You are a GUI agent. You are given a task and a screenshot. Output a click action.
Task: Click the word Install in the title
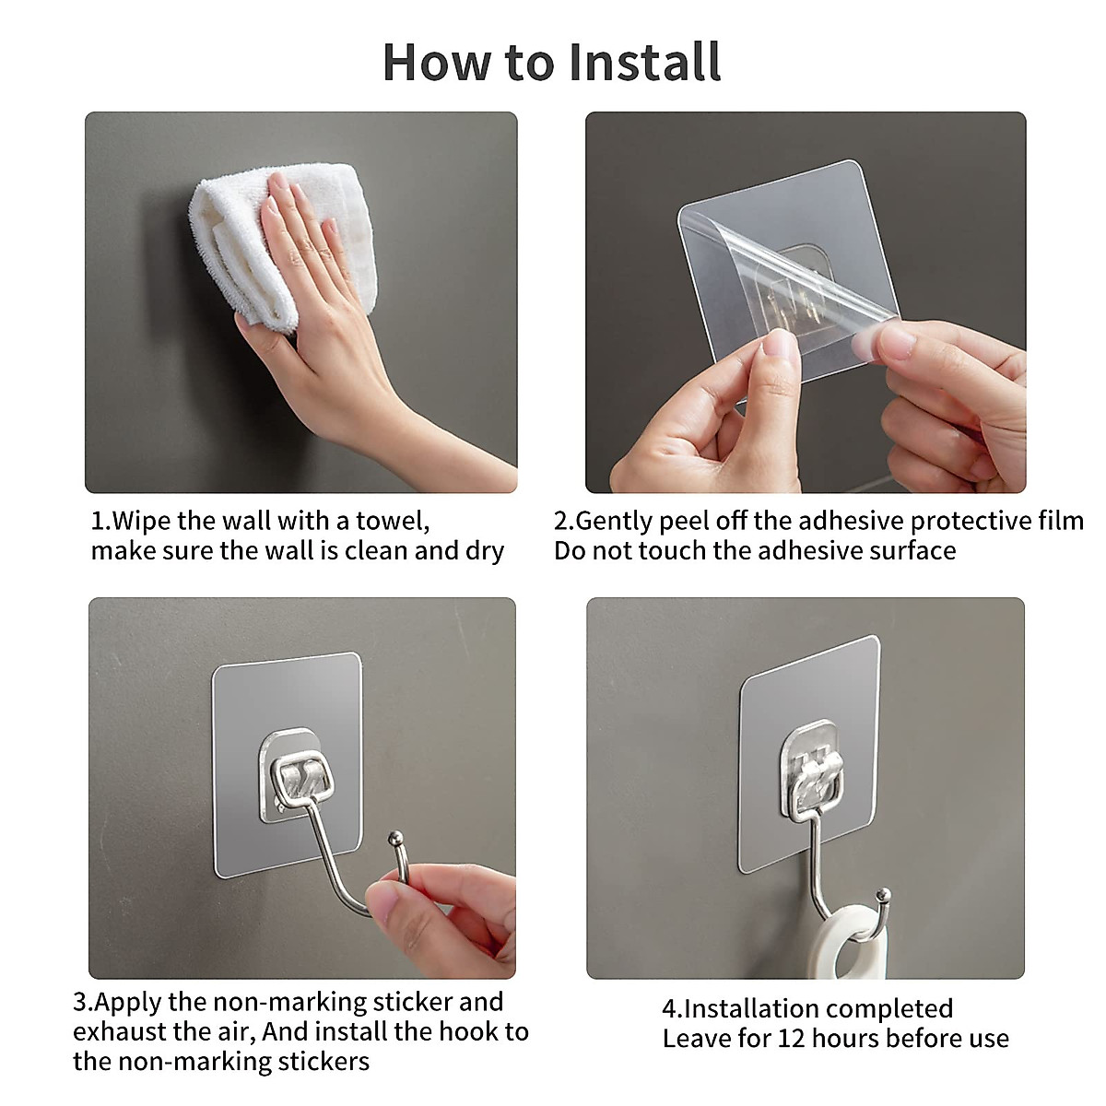tap(645, 62)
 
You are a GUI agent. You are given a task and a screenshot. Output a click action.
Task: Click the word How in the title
tap(436, 62)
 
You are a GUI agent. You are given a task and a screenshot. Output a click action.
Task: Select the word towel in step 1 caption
tap(393, 521)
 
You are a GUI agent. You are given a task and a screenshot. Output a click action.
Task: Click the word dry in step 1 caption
tap(485, 551)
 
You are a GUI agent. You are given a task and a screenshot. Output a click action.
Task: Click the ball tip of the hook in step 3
tap(394, 838)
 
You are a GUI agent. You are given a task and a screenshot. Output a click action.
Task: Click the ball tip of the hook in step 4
tap(885, 894)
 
